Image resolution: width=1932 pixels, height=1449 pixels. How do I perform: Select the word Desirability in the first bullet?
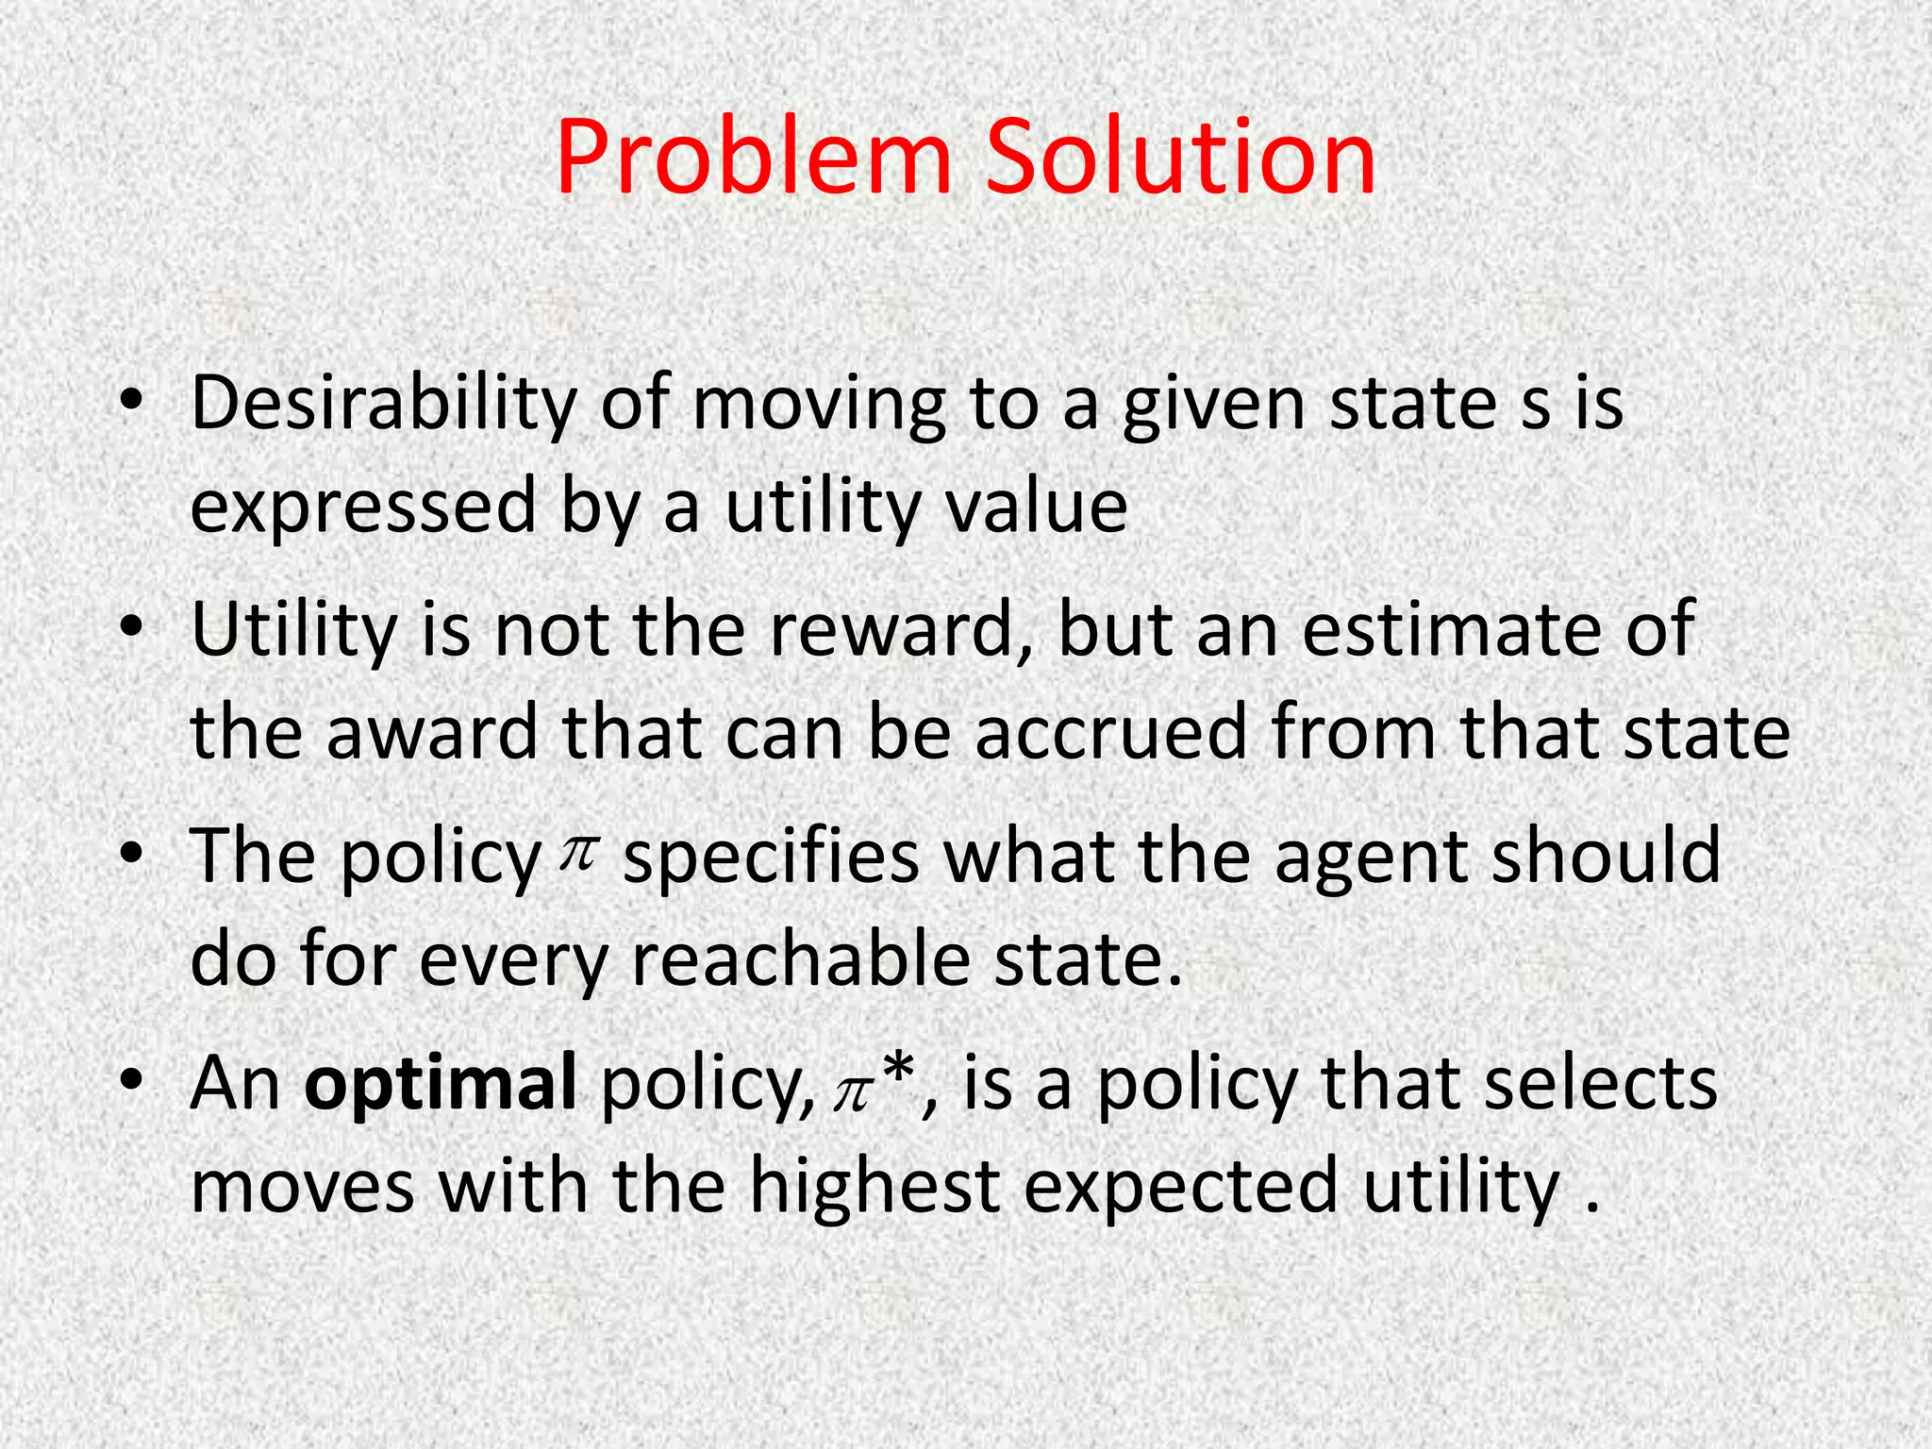pos(382,404)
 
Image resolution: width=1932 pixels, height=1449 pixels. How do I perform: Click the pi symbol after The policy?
pos(577,854)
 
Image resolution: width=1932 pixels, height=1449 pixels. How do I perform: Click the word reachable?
pos(801,960)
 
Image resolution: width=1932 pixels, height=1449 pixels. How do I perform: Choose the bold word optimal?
pos(441,1083)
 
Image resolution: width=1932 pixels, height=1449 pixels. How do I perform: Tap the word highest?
pos(874,1187)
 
